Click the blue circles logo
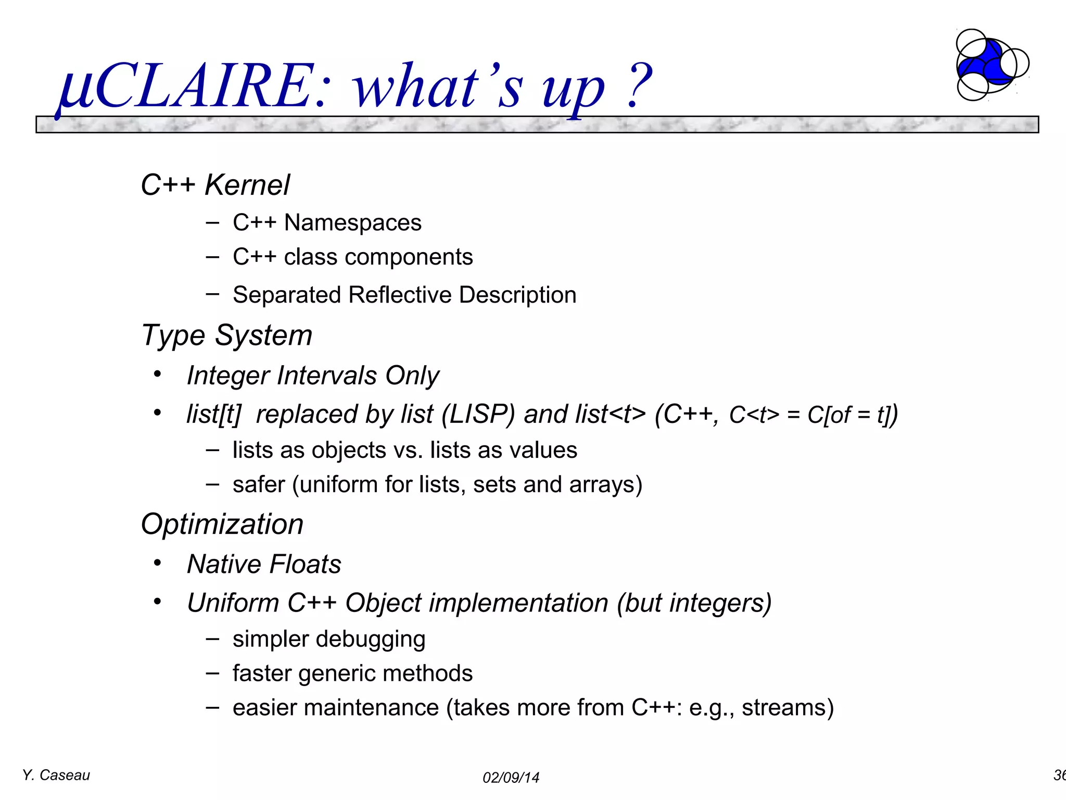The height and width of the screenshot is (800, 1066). [x=989, y=65]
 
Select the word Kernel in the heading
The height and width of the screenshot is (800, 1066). [x=247, y=185]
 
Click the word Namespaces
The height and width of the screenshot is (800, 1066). [x=352, y=223]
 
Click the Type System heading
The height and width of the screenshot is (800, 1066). [x=227, y=335]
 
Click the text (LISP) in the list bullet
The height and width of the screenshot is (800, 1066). [x=478, y=415]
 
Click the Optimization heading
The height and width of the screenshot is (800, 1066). [x=222, y=524]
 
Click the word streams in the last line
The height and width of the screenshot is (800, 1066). [x=787, y=708]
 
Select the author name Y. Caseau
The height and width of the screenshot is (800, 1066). [x=56, y=776]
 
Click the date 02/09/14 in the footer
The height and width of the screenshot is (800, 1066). [x=511, y=778]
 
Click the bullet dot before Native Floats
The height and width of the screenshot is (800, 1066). [x=157, y=563]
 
